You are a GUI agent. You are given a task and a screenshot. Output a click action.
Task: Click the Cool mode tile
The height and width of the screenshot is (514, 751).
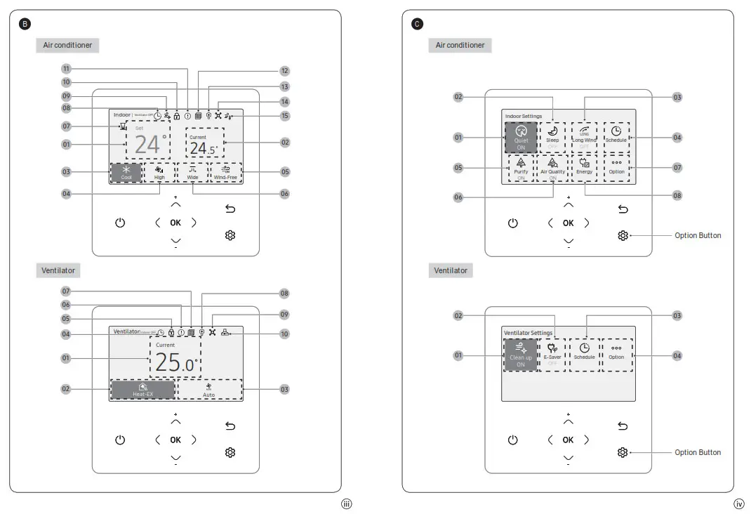point(126,173)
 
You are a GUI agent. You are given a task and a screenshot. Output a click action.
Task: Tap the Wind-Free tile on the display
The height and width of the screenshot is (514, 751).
point(225,173)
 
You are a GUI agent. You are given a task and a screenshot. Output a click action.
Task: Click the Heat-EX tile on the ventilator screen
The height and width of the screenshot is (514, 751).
point(142,390)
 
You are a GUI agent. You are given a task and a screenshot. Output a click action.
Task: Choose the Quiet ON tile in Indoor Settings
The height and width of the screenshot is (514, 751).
point(521,137)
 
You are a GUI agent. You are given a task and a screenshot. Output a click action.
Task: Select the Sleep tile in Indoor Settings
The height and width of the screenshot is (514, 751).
point(552,137)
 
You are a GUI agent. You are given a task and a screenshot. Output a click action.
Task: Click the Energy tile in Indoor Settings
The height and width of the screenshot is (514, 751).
point(584,168)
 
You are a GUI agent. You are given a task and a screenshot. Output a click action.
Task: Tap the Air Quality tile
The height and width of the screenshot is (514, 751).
point(552,168)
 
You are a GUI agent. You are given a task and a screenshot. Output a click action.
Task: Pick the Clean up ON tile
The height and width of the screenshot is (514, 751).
point(521,355)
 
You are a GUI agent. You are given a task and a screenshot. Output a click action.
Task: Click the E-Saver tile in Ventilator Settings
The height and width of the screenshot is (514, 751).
point(552,355)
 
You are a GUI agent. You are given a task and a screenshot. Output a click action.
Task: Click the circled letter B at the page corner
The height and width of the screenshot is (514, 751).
point(25,24)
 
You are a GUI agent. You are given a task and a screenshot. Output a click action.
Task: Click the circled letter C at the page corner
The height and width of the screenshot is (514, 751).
point(418,24)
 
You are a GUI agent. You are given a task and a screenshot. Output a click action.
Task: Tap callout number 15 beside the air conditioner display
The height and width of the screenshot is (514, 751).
point(284,115)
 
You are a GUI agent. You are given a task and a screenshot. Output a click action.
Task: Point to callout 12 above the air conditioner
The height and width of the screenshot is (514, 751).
point(284,70)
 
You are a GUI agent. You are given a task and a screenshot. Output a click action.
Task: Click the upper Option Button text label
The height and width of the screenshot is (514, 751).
point(698,235)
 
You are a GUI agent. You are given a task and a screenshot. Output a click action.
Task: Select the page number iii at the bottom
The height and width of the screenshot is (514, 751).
point(345,503)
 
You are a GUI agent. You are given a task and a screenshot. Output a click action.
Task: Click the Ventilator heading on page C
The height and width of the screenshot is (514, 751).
point(450,270)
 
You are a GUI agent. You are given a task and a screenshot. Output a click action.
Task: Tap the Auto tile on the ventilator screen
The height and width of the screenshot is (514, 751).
point(209,390)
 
